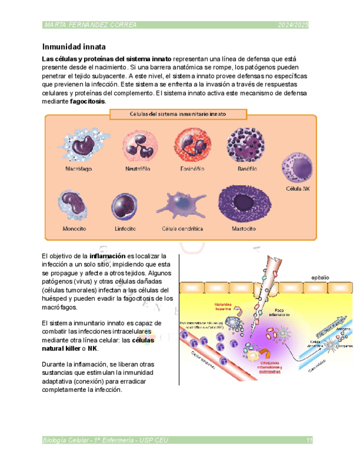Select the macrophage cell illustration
click(x=79, y=144)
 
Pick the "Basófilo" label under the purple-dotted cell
click(x=247, y=169)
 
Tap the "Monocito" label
click(x=77, y=228)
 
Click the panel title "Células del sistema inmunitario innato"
click(x=178, y=114)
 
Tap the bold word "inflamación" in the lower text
click(x=108, y=256)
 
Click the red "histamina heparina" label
click(x=221, y=307)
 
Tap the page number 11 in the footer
click(x=309, y=440)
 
